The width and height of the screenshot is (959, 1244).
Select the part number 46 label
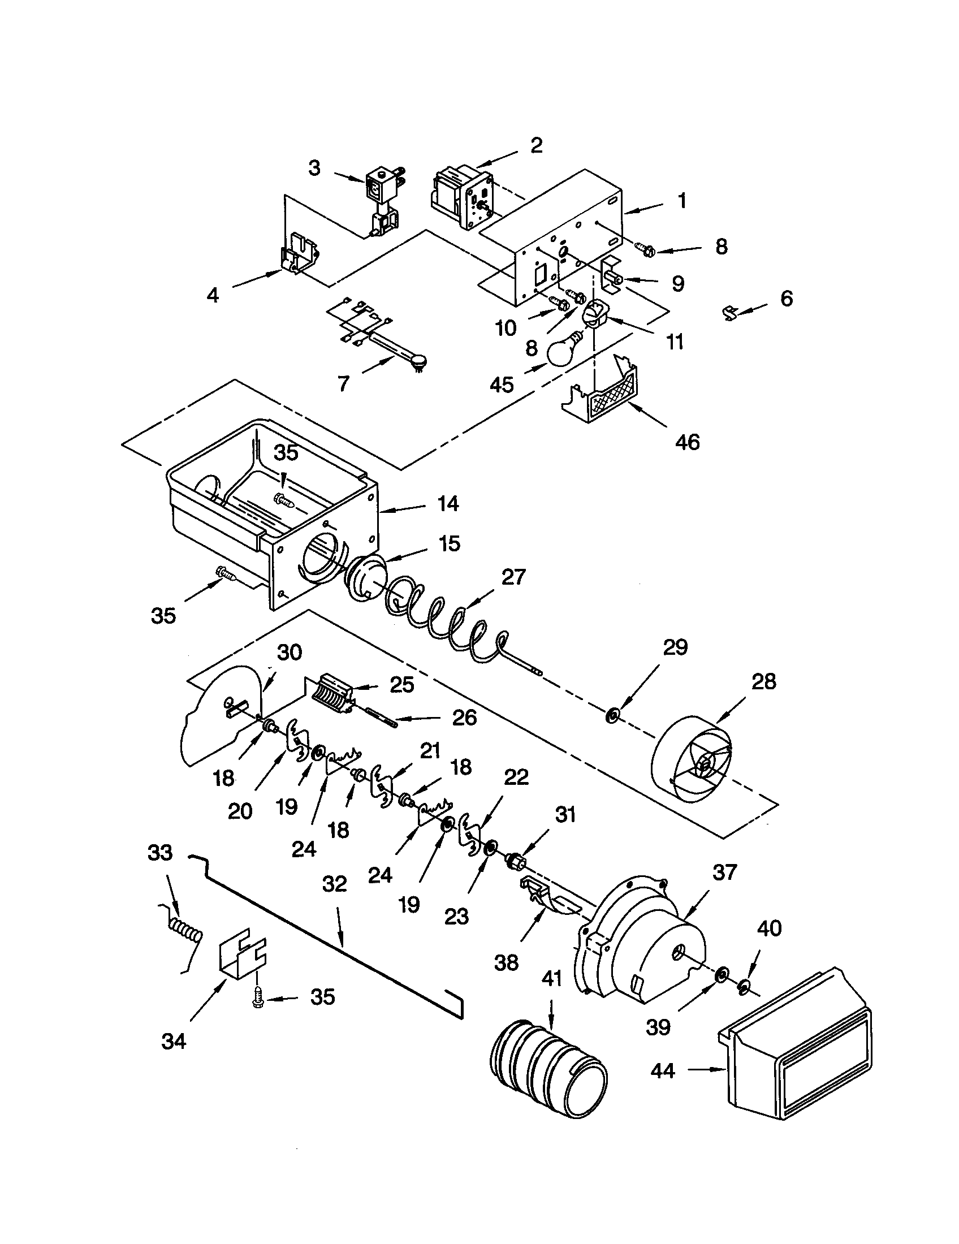687,442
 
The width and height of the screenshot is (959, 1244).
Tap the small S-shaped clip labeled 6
731,313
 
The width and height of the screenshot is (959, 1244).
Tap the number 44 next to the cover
663,1071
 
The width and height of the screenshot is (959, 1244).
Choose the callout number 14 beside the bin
448,503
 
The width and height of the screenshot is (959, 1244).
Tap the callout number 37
724,872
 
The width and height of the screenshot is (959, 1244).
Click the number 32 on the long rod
334,884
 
